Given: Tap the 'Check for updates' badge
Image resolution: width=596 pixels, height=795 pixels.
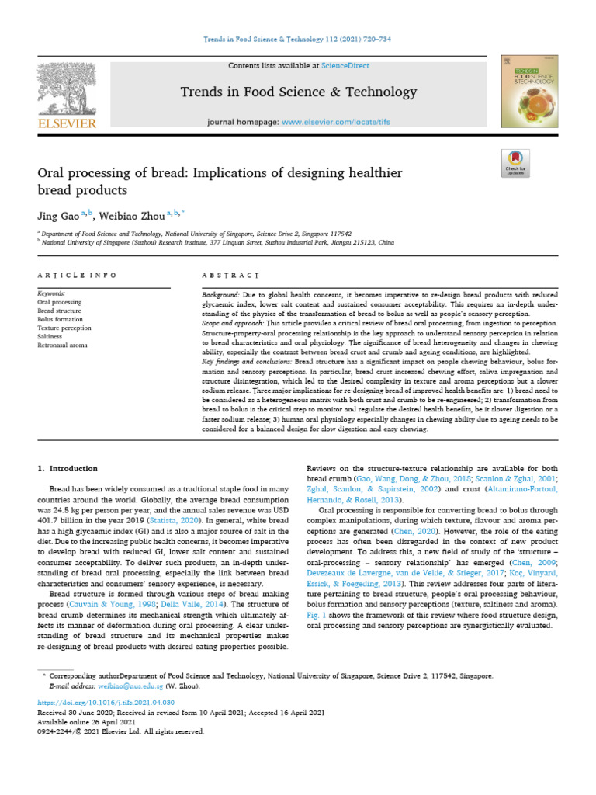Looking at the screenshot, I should coord(515,164).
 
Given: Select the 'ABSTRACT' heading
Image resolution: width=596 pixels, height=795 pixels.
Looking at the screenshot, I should coord(230,275).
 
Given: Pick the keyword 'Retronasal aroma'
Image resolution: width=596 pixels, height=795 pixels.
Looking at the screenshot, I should coord(62,344).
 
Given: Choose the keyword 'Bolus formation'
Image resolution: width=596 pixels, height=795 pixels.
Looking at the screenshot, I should coord(60,318).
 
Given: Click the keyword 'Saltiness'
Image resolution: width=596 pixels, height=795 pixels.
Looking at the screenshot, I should coord(52,335).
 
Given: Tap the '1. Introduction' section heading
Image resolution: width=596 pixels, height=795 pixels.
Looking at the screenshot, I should coord(68,468).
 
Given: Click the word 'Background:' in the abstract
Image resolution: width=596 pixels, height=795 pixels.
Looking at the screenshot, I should coord(220,296).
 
